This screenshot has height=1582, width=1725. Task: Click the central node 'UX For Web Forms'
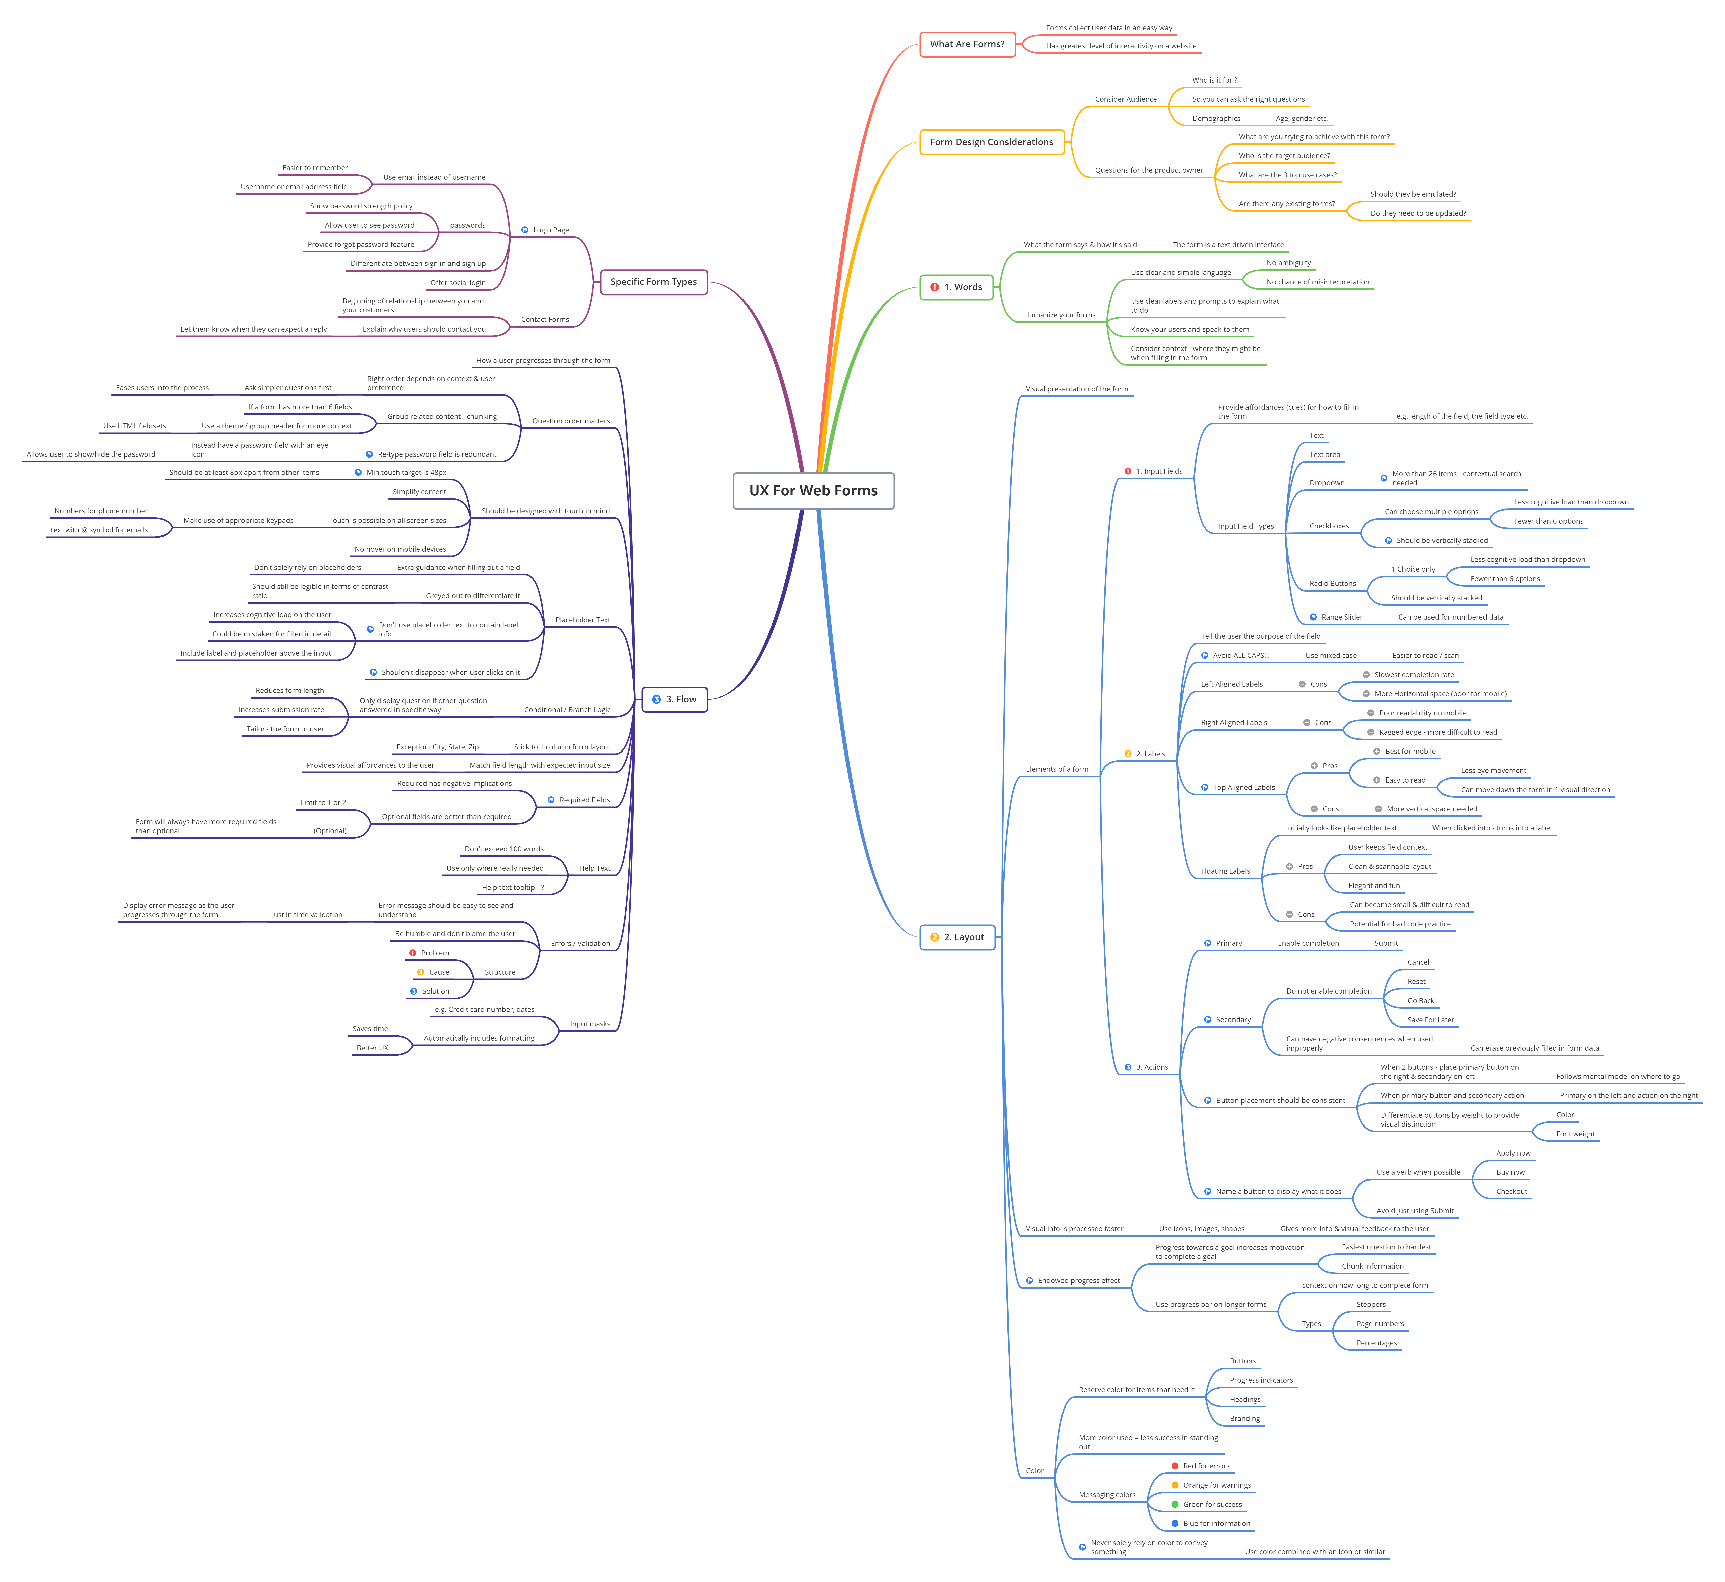point(813,491)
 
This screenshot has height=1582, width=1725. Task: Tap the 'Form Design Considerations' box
point(991,142)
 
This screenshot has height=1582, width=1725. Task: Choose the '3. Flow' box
point(675,700)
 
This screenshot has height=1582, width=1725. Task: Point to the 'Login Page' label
point(550,230)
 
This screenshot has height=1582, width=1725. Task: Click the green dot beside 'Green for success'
point(1175,1504)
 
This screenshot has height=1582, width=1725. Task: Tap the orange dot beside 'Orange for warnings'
point(1175,1485)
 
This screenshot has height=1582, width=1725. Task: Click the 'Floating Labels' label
point(1225,871)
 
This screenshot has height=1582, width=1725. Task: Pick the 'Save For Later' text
point(1430,1020)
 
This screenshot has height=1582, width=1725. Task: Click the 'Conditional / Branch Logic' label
point(567,710)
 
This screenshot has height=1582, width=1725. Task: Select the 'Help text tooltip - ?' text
point(512,888)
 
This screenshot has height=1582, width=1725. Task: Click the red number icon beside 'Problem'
point(413,953)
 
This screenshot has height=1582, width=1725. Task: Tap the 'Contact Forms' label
point(544,319)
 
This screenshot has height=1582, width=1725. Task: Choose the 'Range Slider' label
point(1341,617)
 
